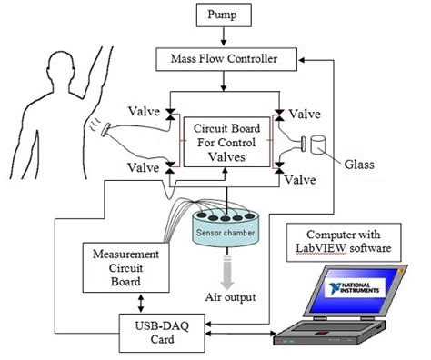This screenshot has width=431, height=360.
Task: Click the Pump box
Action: (x=222, y=17)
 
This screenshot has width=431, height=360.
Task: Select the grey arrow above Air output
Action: (x=222, y=269)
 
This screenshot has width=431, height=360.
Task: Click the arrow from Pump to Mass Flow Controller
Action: (x=222, y=38)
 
